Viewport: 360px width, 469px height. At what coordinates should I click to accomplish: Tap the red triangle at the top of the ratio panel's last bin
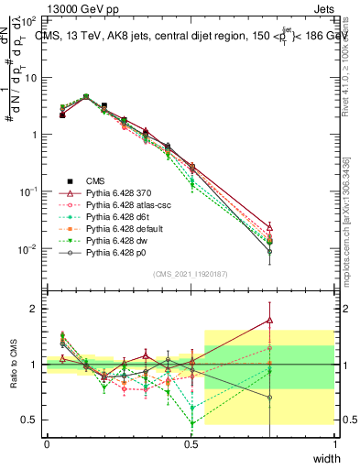pyautogui.click(x=269, y=321)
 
